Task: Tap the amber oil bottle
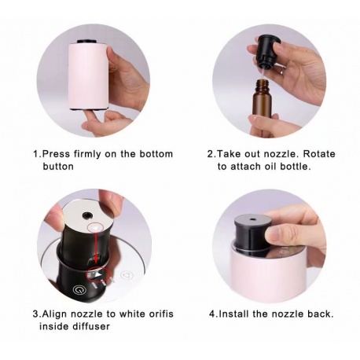pos(263,100)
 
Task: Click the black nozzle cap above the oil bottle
pos(269,52)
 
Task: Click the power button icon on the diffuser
pos(79,290)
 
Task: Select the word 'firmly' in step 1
pos(87,154)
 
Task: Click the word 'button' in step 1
pos(58,167)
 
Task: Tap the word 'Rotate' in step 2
pos(319,154)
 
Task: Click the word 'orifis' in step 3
pos(160,314)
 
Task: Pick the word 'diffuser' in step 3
pos(90,326)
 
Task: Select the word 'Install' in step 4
pos(233,314)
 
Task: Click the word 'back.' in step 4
pos(321,314)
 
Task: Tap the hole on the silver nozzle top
pos(86,215)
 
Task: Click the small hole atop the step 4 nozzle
pos(252,219)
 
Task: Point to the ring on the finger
pos(281,70)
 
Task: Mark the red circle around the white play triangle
pos(97,274)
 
